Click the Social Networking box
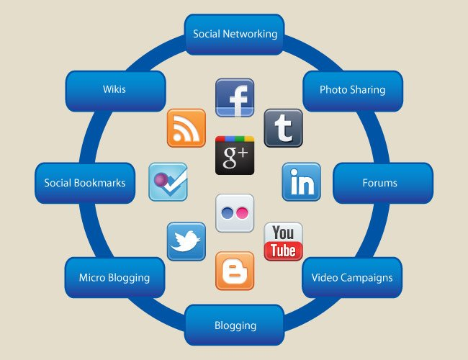[x=235, y=34]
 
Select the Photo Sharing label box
[x=352, y=90]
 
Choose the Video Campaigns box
[x=352, y=277]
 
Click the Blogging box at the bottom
[x=235, y=325]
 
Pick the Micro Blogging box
[x=114, y=277]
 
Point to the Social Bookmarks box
[x=85, y=183]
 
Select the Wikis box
[x=114, y=90]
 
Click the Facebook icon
[x=235, y=98]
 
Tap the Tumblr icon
[x=283, y=128]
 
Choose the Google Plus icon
[x=235, y=155]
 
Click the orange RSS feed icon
[x=186, y=128]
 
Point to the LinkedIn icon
[x=301, y=182]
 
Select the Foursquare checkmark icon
[x=168, y=182]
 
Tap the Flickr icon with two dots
[x=235, y=212]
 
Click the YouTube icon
[x=283, y=241]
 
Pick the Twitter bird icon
[x=186, y=241]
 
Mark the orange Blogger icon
[x=235, y=271]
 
